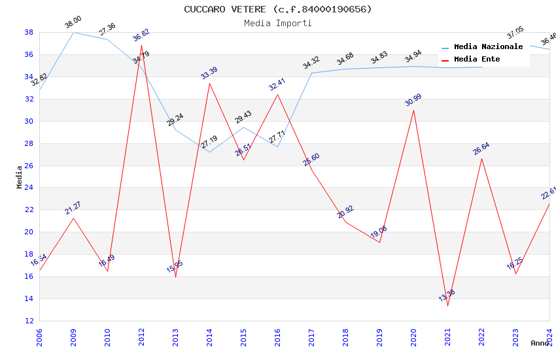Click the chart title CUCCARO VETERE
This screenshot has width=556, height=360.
coord(277,9)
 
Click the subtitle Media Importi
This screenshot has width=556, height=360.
coord(277,23)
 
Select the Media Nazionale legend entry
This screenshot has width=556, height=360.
coord(488,47)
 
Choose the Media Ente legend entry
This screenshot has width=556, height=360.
coord(477,60)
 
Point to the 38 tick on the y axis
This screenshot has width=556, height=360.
coord(29,32)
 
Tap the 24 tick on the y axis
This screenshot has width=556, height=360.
coord(29,188)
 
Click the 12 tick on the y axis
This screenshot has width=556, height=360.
coord(29,321)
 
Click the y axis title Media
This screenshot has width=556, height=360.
coord(20,177)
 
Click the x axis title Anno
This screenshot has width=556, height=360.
coord(540,343)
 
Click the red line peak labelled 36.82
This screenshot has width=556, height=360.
coord(141,45)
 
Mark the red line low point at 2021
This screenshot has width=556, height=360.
coord(447,306)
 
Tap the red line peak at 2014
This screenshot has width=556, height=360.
coord(209,83)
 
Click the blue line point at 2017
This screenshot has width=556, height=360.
coord(311,73)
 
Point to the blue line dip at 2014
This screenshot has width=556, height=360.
coord(209,152)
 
